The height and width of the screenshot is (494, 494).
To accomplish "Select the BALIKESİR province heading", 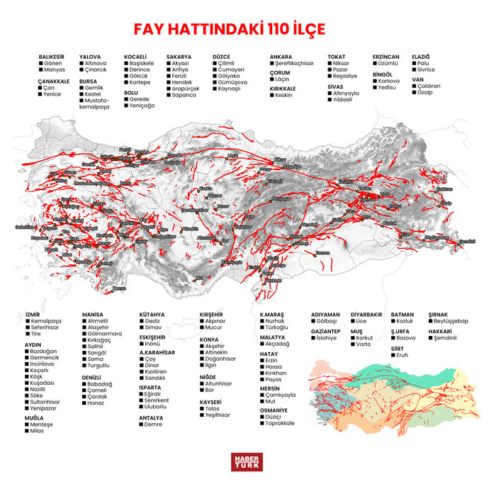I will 52,56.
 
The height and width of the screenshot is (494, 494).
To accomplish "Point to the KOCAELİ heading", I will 135,56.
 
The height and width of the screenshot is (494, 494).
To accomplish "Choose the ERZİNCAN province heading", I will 386,56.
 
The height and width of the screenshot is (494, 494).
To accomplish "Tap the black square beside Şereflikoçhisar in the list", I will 272,63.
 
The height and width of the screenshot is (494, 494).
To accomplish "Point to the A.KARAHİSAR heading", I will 157,352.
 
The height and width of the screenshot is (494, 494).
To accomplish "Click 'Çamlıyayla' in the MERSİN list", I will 281,395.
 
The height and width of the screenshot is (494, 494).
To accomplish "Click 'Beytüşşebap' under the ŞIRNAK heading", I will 453,321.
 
